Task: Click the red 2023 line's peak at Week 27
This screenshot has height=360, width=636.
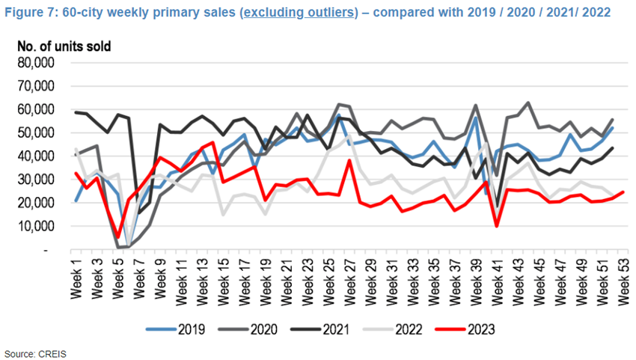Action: pos(349,160)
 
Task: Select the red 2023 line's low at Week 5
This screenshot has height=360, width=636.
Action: pos(118,237)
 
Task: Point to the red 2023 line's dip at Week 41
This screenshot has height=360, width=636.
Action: pos(497,225)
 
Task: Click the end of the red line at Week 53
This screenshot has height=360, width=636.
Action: pos(623,192)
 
